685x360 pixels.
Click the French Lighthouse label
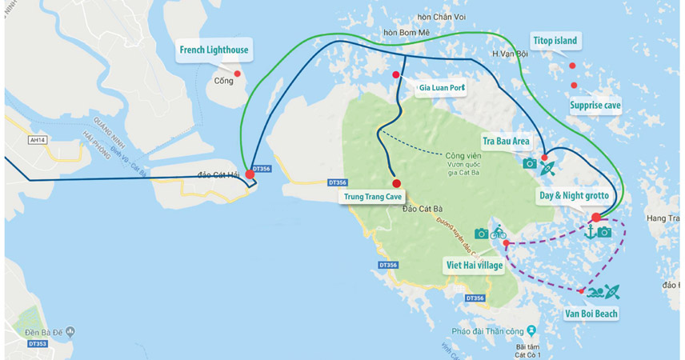[214, 50]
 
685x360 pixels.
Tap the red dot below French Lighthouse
[237, 74]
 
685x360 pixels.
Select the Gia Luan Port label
[442, 87]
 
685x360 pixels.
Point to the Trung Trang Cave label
[372, 196]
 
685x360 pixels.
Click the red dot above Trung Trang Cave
[396, 183]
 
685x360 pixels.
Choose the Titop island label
[555, 41]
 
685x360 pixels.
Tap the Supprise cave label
[595, 105]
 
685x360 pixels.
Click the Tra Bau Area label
[506, 141]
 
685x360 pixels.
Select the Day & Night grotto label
[574, 195]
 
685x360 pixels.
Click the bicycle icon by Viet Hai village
[499, 233]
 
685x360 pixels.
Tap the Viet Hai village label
[475, 265]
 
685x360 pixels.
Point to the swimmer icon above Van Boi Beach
[595, 292]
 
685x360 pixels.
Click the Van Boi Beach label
[591, 314]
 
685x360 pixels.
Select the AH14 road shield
[37, 139]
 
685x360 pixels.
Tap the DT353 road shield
[37, 344]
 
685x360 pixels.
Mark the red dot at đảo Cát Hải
[250, 174]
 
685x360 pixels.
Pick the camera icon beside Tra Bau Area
[529, 163]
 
